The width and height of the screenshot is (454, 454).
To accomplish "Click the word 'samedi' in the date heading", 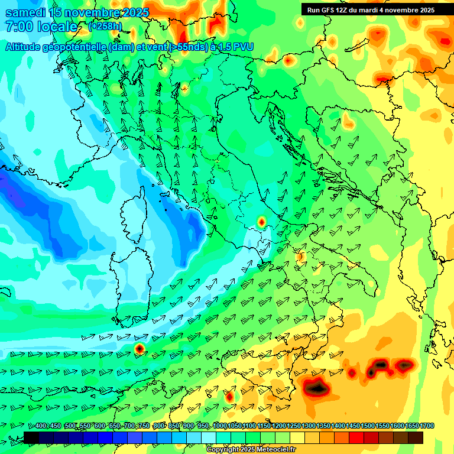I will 27,12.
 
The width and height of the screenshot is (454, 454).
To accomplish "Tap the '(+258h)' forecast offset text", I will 105,26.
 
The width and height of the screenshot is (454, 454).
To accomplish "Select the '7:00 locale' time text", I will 41,27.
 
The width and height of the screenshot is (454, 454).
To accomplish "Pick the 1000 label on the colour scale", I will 219,426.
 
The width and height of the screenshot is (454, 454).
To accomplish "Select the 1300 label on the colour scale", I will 308,426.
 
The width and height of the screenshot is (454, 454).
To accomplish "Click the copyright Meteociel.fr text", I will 251,450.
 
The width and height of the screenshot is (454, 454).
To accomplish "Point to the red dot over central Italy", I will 261,222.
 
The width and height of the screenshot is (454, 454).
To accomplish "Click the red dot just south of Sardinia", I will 140,349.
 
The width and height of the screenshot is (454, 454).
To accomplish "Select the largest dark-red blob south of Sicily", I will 316,388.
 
